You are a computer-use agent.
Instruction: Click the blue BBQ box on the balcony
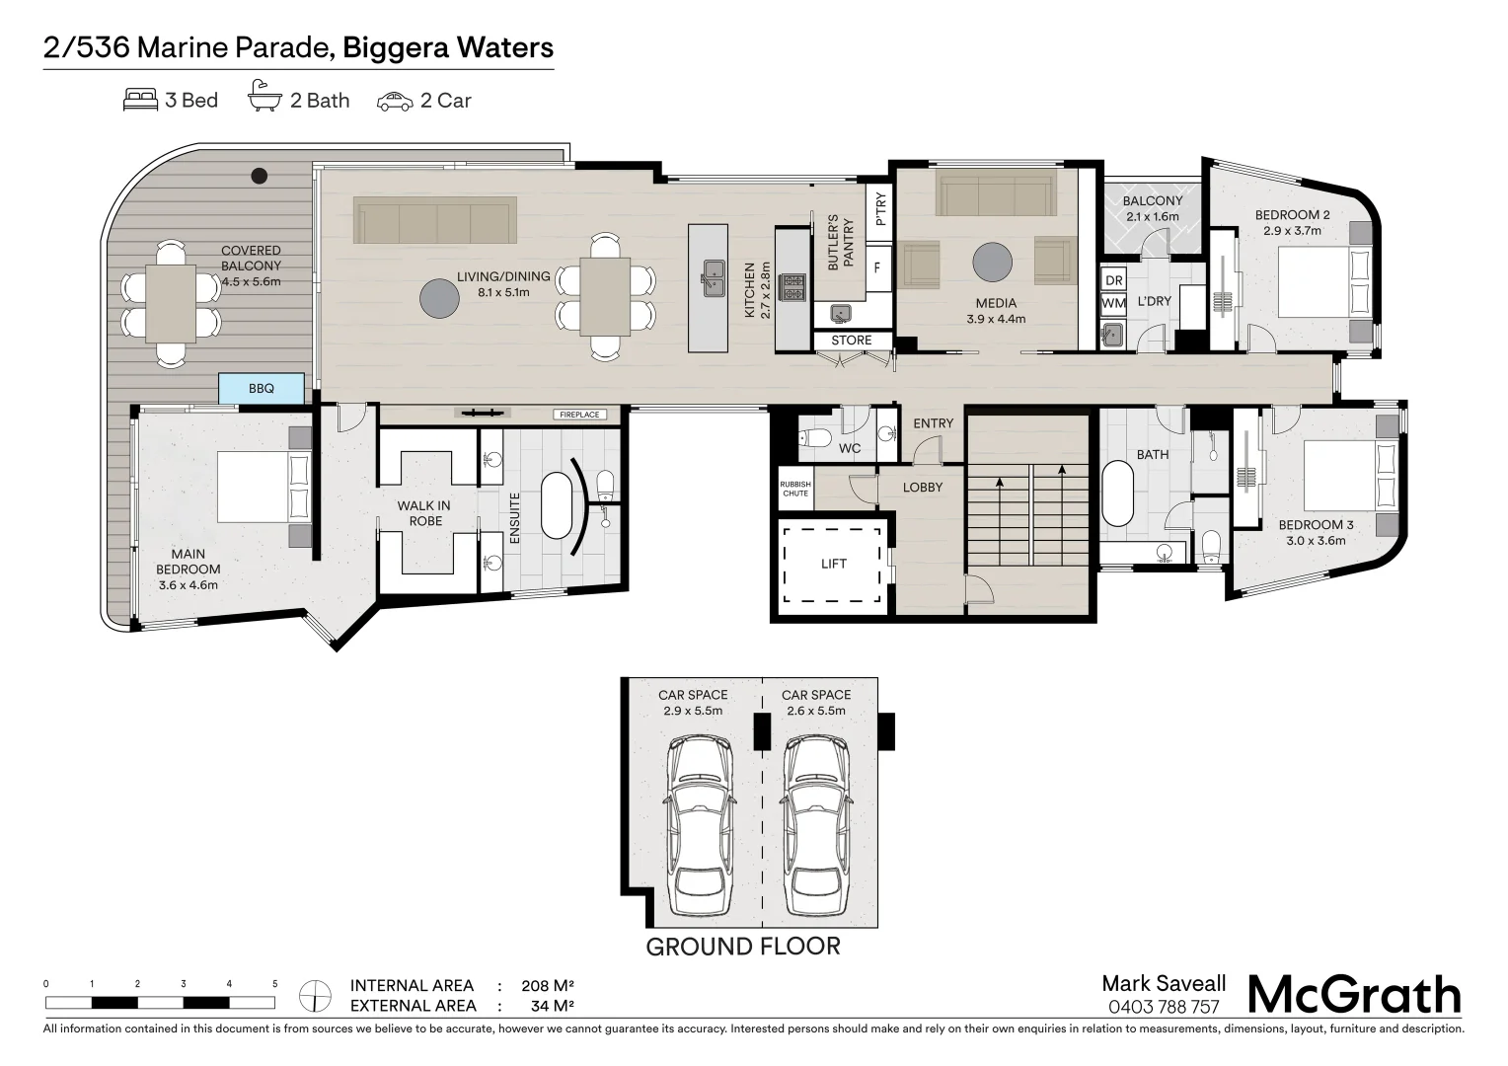pyautogui.click(x=261, y=389)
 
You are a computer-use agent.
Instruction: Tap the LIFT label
pyautogui.click(x=834, y=564)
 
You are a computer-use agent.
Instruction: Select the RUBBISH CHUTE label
pyautogui.click(x=795, y=489)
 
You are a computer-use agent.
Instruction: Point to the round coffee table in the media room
pyautogui.click(x=992, y=263)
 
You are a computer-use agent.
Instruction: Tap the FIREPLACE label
pyautogui.click(x=579, y=415)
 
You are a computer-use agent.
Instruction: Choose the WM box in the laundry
pyautogui.click(x=1113, y=303)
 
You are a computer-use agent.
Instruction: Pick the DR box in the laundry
pyautogui.click(x=1113, y=280)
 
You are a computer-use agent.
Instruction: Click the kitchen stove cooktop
pyautogui.click(x=792, y=287)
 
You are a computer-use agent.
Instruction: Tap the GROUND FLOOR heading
pyautogui.click(x=742, y=947)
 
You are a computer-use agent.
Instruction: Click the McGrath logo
pyautogui.click(x=1354, y=995)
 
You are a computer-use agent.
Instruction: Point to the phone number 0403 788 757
pyautogui.click(x=1164, y=1007)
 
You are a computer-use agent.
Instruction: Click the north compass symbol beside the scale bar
pyautogui.click(x=315, y=995)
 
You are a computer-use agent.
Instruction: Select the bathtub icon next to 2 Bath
pyautogui.click(x=264, y=99)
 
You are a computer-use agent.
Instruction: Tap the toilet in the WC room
pyautogui.click(x=814, y=437)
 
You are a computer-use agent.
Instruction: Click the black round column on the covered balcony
pyautogui.click(x=259, y=176)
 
